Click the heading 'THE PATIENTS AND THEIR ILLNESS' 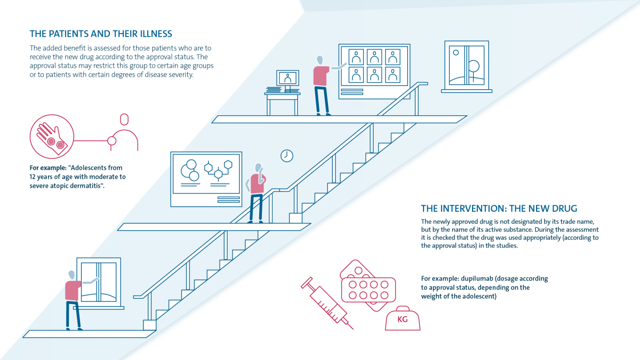point(101,34)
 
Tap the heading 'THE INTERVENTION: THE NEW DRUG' point(499,209)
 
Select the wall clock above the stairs point(286,156)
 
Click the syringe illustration point(327,303)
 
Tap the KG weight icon point(403,318)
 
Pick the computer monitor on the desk point(287,79)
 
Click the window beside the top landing point(467,67)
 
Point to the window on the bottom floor point(99,283)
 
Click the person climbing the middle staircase point(257,193)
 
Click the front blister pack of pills point(369,290)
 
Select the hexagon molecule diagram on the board point(218,170)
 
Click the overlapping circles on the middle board point(190,170)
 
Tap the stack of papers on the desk point(274,90)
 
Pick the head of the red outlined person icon point(124,119)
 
